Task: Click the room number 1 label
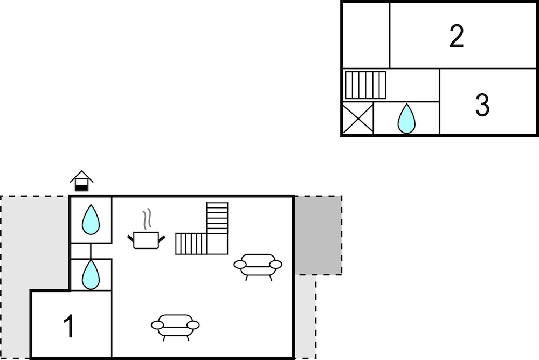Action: [69, 326]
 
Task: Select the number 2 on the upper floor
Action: [457, 36]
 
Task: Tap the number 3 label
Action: [482, 105]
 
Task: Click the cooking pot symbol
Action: [146, 240]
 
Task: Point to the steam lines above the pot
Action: [147, 219]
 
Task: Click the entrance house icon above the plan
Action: [82, 181]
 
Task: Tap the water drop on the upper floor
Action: [406, 119]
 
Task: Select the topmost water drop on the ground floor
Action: [91, 220]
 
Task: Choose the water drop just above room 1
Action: [91, 274]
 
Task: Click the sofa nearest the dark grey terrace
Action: [258, 266]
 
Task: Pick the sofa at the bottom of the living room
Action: [175, 326]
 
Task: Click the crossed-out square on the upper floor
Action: [358, 118]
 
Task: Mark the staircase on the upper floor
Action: [365, 85]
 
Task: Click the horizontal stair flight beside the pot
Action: [191, 244]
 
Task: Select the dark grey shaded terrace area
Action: [318, 235]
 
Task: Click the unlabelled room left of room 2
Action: [366, 36]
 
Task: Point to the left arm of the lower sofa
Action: [157, 325]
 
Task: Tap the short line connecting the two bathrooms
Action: [91, 251]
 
